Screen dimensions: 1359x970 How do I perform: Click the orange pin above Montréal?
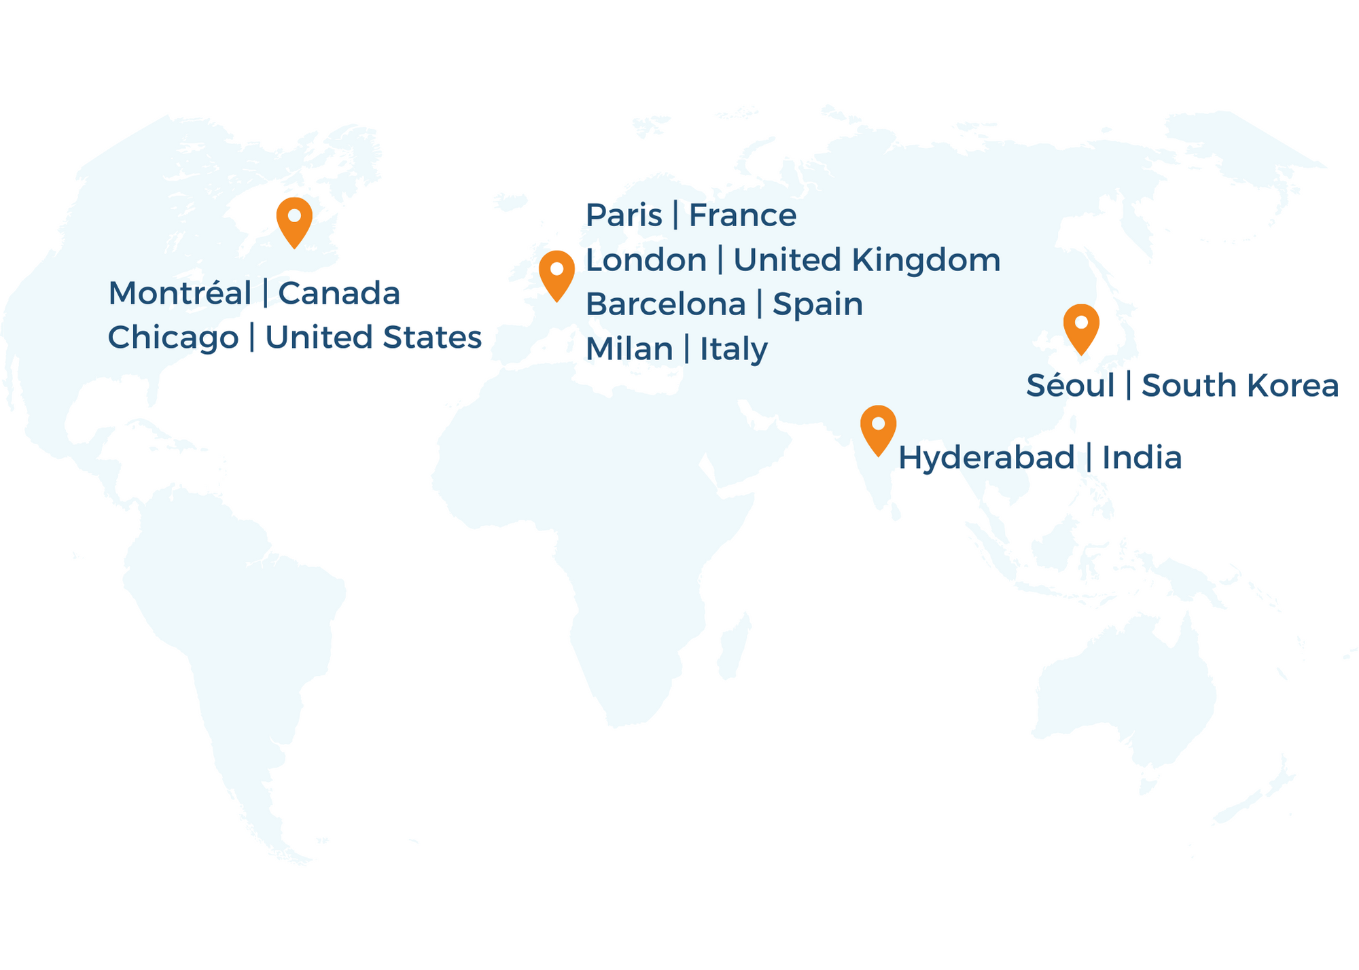(x=294, y=219)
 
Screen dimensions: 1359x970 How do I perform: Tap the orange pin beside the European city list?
(x=557, y=272)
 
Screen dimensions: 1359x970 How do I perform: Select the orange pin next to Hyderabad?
(x=878, y=427)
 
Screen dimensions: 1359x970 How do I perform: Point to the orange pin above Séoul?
(x=1081, y=326)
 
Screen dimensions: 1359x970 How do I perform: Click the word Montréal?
(x=180, y=293)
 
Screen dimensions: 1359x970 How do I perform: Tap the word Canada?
(x=339, y=293)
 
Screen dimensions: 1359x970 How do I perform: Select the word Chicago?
(x=173, y=338)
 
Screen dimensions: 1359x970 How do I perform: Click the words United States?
(x=373, y=338)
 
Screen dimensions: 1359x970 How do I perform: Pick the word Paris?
(x=624, y=216)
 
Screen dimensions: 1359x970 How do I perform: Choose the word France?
(x=743, y=216)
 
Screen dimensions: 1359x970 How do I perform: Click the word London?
(x=646, y=260)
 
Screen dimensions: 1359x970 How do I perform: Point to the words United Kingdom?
(x=867, y=260)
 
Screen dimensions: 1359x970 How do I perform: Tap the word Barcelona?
(x=666, y=304)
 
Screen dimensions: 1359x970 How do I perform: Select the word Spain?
(x=818, y=304)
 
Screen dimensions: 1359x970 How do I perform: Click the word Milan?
(x=629, y=349)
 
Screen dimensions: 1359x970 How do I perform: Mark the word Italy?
(x=734, y=349)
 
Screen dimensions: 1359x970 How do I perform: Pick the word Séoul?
(x=1071, y=386)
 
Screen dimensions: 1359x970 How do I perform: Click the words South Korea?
(x=1240, y=386)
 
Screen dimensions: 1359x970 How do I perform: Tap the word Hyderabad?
(x=987, y=458)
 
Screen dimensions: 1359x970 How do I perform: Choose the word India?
(x=1142, y=458)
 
